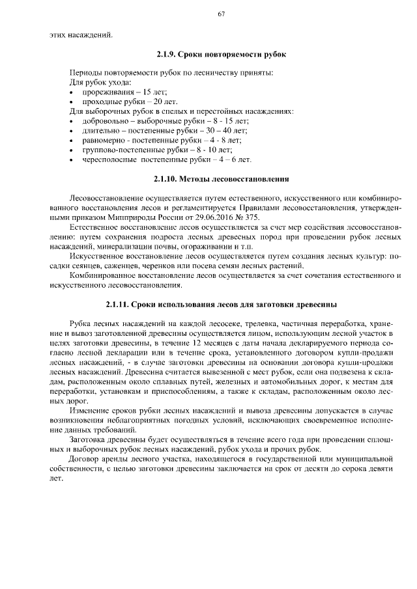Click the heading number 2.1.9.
coord(166,54)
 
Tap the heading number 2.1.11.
coord(117,304)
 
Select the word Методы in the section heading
coord(198,178)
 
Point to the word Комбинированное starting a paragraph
coord(106,275)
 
